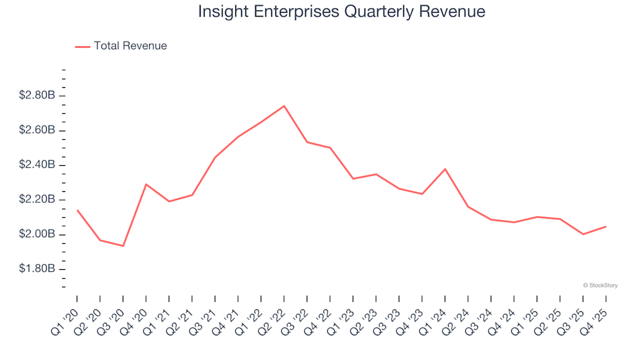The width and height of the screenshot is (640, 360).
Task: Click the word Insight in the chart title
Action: [x=222, y=12]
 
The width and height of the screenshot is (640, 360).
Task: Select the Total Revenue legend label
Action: [x=130, y=46]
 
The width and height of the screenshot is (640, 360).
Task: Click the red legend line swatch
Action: [x=83, y=47]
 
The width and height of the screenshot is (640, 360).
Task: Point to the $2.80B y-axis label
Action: [x=37, y=96]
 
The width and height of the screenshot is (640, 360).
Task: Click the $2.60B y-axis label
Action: [x=37, y=131]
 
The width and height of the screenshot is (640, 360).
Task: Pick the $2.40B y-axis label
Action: [x=37, y=165]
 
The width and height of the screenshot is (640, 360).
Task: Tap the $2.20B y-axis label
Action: [x=37, y=200]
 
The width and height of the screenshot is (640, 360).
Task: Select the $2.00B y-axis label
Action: [x=37, y=235]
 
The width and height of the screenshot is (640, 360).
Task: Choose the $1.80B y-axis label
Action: [x=37, y=269]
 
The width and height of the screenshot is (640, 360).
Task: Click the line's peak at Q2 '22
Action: [x=284, y=105]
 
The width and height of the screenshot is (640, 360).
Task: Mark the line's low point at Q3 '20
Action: [x=123, y=246]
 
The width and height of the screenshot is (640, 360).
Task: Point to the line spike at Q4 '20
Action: [x=146, y=184]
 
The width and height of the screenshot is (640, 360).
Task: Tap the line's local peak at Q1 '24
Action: [x=445, y=169]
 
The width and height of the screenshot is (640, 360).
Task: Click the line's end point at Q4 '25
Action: [x=605, y=227]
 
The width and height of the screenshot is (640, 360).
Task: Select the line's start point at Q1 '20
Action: [x=77, y=210]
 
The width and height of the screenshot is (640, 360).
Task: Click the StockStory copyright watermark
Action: [x=600, y=285]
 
